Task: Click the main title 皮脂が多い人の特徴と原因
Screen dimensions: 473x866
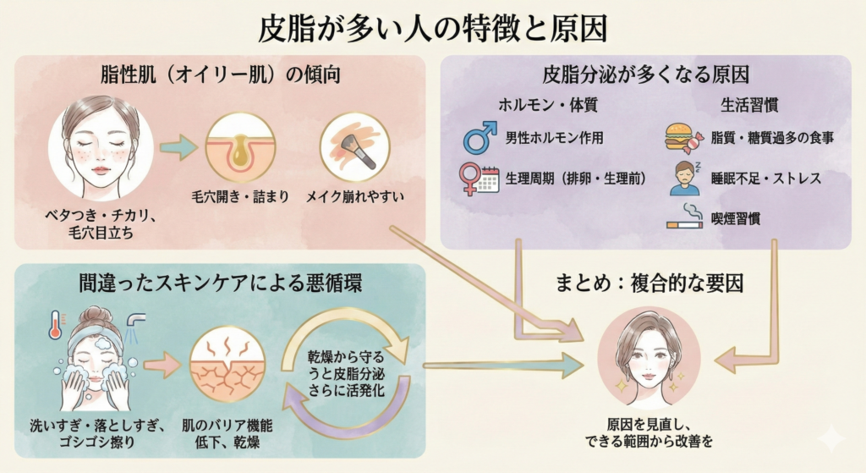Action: (x=432, y=29)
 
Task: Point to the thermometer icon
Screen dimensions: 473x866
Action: (x=55, y=325)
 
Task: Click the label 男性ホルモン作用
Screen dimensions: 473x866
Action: (x=554, y=137)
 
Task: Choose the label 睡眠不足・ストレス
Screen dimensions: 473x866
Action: (x=766, y=179)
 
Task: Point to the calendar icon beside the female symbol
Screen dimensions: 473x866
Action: (x=488, y=179)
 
